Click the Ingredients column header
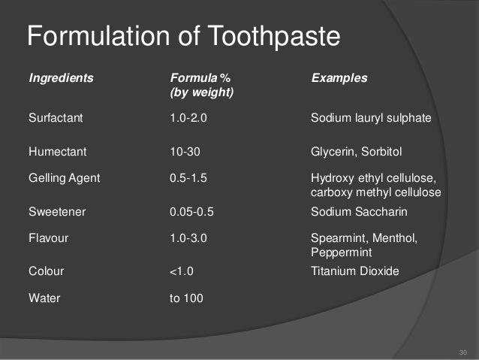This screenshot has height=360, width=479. coord(62,78)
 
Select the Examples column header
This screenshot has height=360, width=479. coord(339,78)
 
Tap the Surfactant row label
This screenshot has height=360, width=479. coord(56,118)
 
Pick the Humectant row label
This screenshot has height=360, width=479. coord(57,152)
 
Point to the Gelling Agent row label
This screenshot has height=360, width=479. coord(65,179)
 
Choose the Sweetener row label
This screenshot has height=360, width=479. coord(57,211)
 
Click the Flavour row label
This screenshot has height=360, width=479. coord(50,238)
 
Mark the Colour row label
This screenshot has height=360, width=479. coord(47,271)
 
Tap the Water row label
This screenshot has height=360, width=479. coord(44,298)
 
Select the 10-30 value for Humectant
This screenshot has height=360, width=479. coord(185,152)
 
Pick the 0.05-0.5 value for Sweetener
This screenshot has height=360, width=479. coord(194,211)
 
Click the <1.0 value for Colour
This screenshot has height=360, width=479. coord(185,271)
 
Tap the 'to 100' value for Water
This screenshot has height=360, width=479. coord(188,298)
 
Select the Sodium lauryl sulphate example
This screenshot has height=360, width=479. coord(371,118)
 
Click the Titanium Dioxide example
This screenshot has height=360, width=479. coord(355,271)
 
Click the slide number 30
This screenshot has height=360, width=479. coord(462,352)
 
